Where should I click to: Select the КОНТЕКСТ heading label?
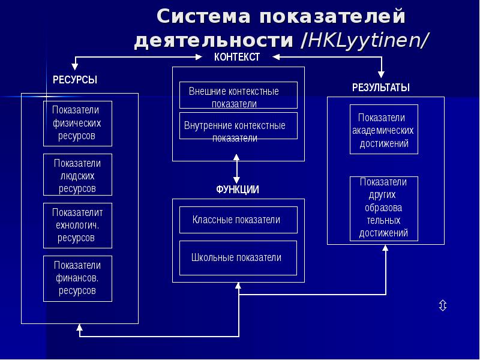(237, 57)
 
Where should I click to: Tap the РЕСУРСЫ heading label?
(75, 80)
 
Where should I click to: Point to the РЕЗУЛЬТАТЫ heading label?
(380, 88)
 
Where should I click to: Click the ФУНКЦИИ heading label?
(238, 190)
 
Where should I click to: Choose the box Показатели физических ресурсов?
(77, 124)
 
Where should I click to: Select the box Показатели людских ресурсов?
(77, 175)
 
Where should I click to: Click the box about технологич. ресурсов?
(77, 226)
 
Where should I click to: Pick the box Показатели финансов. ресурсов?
(77, 278)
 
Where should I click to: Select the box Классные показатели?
(238, 220)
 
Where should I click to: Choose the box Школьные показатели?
(238, 257)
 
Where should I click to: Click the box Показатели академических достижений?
(384, 130)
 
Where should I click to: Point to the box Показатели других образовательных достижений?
(384, 208)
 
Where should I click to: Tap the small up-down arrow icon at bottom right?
(442, 306)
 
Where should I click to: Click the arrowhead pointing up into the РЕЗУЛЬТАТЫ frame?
(385, 249)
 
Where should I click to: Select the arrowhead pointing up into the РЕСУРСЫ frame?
(79, 328)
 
